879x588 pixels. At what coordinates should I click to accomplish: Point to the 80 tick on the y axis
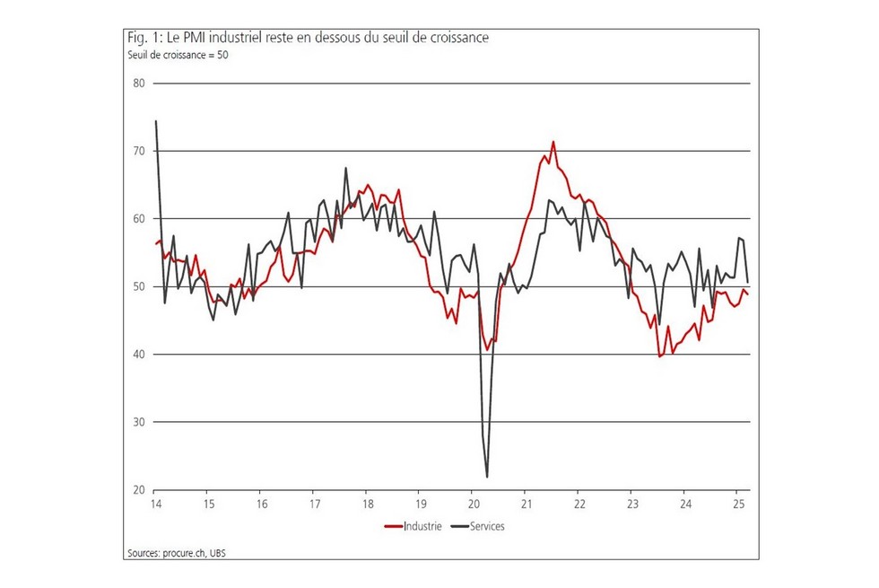[139, 83]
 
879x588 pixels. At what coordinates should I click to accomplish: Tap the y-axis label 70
[139, 151]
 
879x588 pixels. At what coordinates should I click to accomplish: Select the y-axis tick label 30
[139, 422]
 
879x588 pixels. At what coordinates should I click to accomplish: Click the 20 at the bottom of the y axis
[139, 490]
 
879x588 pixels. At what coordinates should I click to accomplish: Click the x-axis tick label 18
[367, 505]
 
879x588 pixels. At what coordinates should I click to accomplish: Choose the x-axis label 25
[738, 505]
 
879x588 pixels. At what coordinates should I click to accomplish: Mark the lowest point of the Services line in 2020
[487, 477]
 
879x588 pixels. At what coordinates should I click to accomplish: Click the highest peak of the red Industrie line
[553, 142]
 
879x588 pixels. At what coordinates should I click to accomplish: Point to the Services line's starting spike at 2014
[156, 121]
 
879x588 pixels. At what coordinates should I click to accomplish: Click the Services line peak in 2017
[346, 168]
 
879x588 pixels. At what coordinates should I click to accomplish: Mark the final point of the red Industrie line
[748, 294]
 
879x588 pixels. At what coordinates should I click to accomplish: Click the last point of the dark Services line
[748, 281]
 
